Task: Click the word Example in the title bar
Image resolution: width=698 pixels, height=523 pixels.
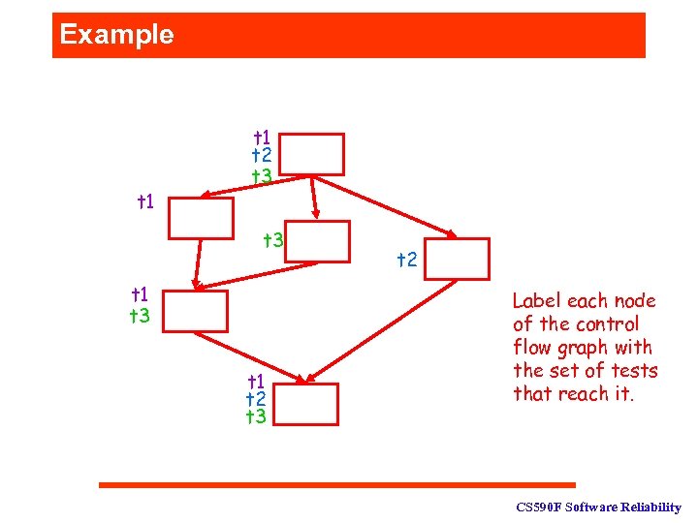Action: (116, 35)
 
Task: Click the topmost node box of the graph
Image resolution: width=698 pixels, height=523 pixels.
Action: (314, 154)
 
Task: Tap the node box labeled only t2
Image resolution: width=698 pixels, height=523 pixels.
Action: (457, 259)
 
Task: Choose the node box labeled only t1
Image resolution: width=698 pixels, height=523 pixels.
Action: (201, 218)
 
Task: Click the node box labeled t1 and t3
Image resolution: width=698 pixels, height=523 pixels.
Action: (196, 311)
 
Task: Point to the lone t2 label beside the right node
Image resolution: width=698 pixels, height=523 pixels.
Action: (407, 260)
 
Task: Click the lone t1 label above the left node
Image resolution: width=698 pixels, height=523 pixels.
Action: (147, 202)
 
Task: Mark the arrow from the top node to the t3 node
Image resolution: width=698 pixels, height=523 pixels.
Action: (314, 198)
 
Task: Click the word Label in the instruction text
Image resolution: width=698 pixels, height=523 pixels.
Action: (535, 301)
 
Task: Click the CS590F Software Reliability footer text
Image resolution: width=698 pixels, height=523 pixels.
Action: (598, 508)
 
